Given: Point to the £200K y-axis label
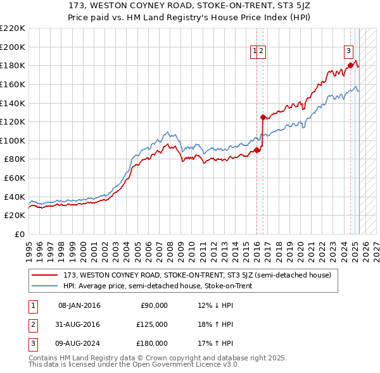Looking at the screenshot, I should coord(13,47).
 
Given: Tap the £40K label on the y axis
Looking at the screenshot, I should coord(15,197).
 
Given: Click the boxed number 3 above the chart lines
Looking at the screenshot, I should coord(348,52).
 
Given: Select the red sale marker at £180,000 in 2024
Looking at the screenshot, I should coord(350,65).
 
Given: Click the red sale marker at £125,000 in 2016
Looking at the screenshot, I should coord(263,117).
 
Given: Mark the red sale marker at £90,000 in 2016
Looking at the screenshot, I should coord(256,150).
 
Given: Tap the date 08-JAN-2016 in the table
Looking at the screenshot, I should coord(79,305).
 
